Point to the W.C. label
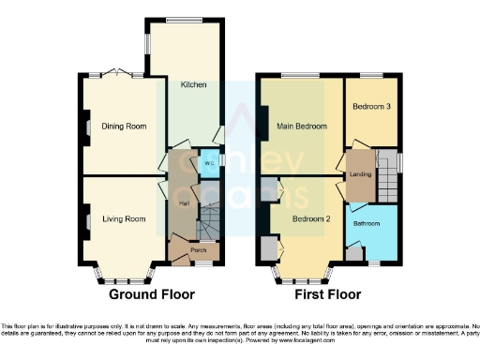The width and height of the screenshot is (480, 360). click(x=208, y=163)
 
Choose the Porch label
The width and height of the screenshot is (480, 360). click(x=198, y=250)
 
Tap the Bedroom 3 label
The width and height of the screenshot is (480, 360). click(x=371, y=107)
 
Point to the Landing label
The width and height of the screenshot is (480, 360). click(x=361, y=173)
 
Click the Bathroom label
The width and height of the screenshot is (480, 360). click(x=366, y=224)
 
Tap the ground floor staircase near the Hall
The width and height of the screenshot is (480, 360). click(x=206, y=223)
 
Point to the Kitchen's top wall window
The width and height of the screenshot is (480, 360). click(x=186, y=18)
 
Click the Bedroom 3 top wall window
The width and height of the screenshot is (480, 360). click(x=371, y=74)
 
